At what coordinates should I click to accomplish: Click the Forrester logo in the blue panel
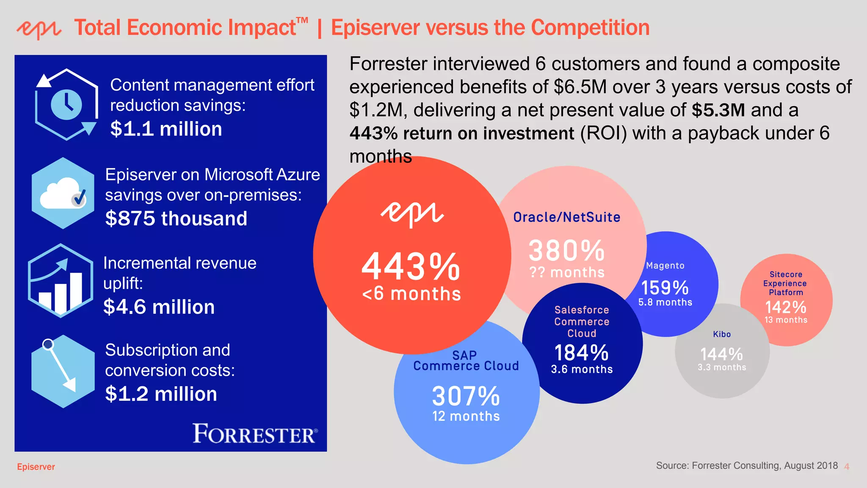(x=255, y=434)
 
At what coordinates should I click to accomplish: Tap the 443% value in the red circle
(x=411, y=267)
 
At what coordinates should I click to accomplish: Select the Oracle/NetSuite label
(x=566, y=217)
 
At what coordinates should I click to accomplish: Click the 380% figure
(x=566, y=250)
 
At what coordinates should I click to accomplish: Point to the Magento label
(x=665, y=266)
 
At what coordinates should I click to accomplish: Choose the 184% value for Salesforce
(x=582, y=353)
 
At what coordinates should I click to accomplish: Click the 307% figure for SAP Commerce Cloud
(x=466, y=396)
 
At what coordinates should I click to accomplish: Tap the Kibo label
(x=722, y=334)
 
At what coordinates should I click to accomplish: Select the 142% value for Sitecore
(x=786, y=307)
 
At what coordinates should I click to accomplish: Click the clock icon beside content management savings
(x=66, y=104)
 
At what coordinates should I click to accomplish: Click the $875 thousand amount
(x=176, y=219)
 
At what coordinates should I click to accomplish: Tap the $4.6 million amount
(x=159, y=307)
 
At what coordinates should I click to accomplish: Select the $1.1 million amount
(x=166, y=129)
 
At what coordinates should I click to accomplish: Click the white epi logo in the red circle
(x=412, y=213)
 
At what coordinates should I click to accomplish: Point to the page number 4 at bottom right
(x=847, y=467)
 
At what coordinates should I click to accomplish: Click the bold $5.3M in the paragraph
(x=718, y=110)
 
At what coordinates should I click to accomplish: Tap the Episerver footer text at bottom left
(x=36, y=467)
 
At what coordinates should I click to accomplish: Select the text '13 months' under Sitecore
(x=786, y=320)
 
